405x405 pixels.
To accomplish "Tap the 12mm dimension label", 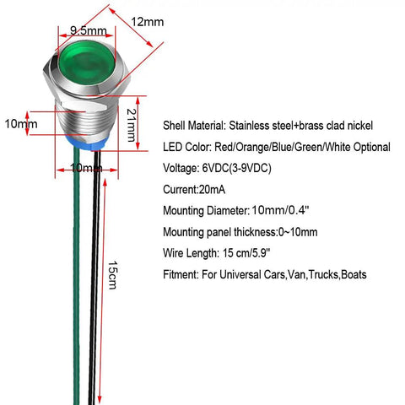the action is pos(148,22).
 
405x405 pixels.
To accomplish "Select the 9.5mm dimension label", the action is pos(89,30).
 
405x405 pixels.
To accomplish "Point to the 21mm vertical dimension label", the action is pos(132,125).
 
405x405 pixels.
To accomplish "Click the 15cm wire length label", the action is pos(113,275).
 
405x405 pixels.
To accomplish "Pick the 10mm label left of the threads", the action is pos(21,124).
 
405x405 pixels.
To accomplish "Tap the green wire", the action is pos(77,276).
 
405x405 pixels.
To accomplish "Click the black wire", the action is pos(94,277).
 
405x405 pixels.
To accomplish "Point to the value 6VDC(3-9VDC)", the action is pos(237,168).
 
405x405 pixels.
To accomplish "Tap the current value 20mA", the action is pos(212,190).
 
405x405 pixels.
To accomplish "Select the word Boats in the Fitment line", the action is pos(354,274).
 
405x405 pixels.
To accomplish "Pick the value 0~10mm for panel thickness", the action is pos(298,232).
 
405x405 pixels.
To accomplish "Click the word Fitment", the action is pos(181,274).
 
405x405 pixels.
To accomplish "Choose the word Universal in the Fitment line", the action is pos(240,274).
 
